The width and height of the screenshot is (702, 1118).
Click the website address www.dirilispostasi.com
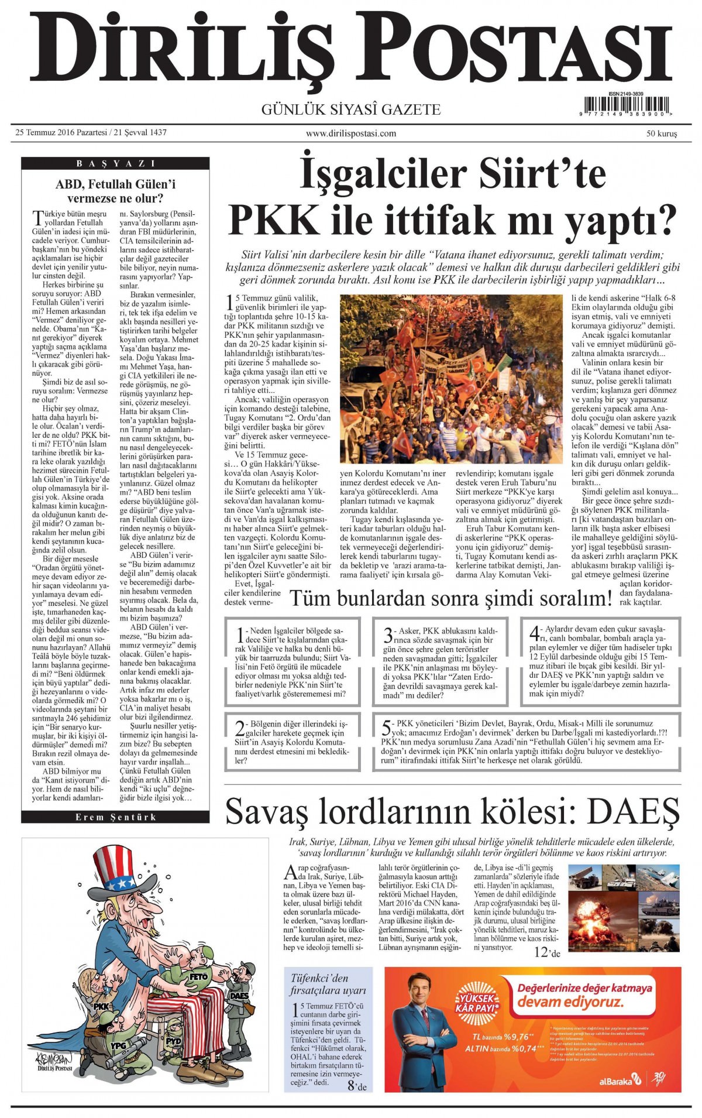[351, 133]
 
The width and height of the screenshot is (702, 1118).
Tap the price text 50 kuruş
[661, 133]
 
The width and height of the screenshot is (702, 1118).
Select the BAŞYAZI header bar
[115, 163]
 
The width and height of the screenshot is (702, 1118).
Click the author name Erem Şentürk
[115, 817]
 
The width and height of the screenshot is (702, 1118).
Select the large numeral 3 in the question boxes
[387, 636]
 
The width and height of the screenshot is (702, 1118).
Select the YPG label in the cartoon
[119, 1045]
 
